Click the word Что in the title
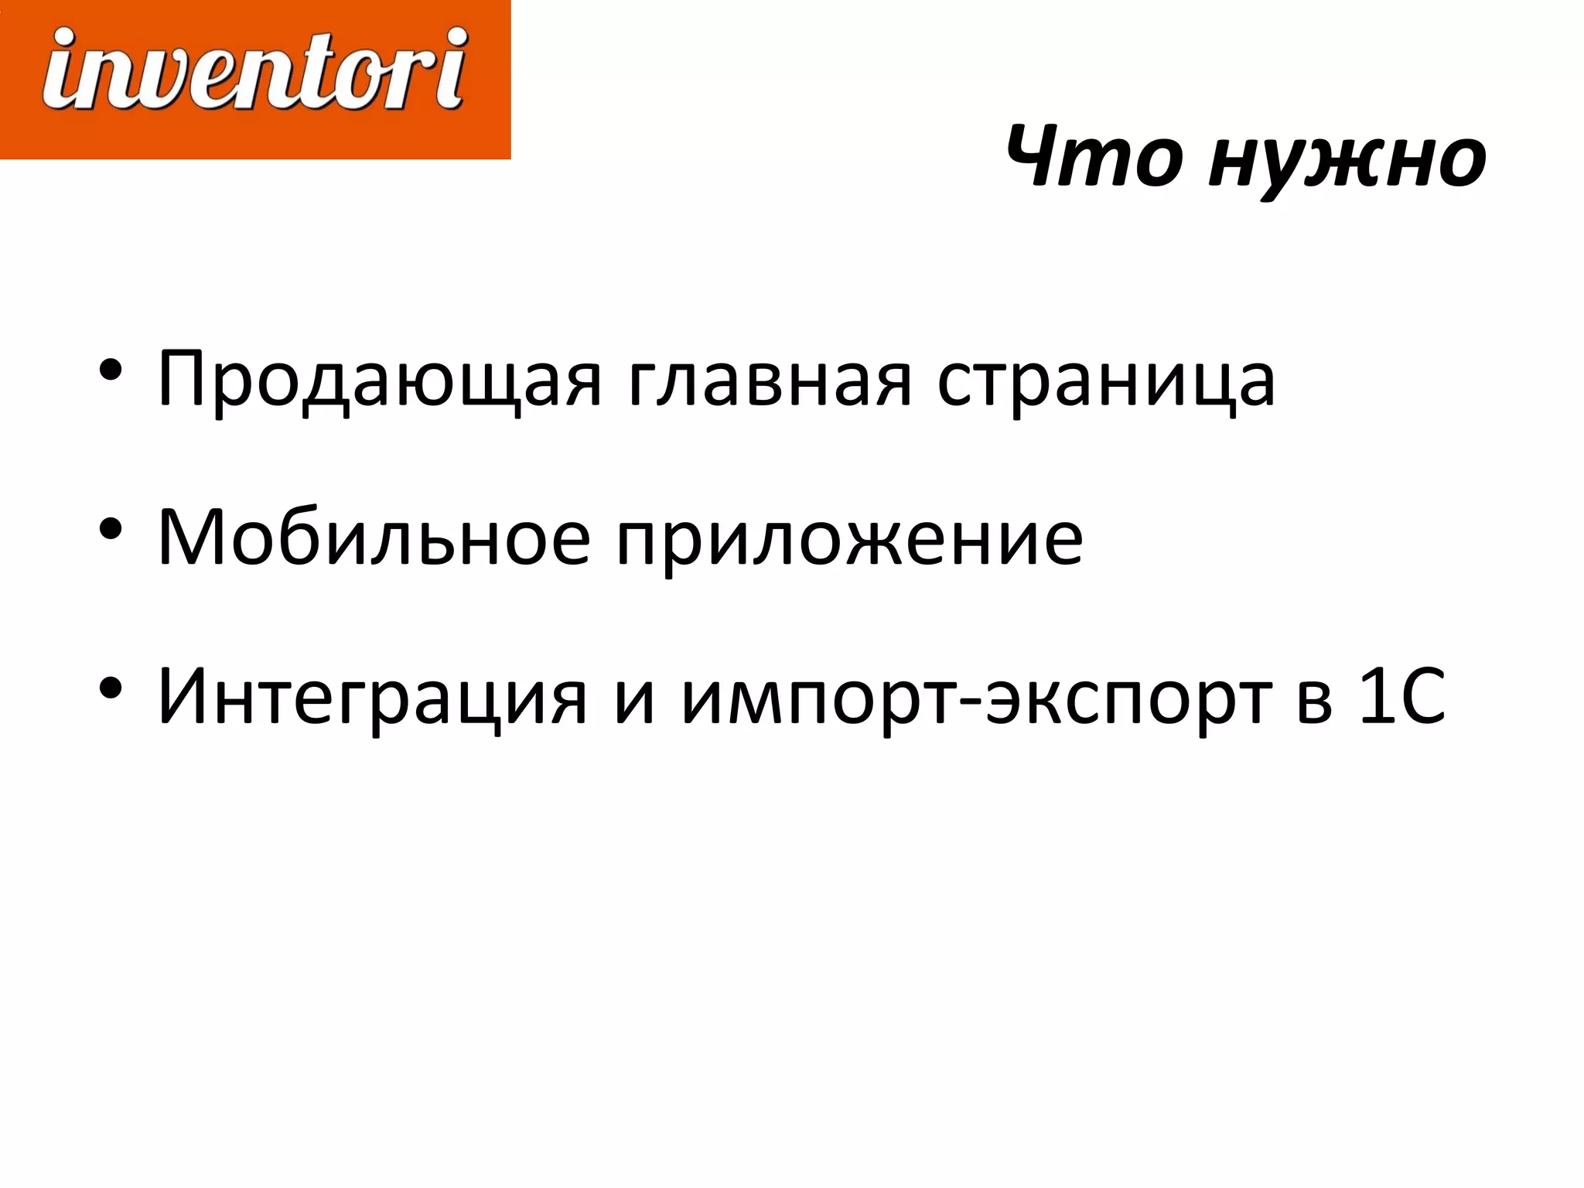(1094, 158)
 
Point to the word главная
(770, 379)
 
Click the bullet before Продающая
(111, 370)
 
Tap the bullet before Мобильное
(111, 528)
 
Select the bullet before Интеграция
(111, 688)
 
